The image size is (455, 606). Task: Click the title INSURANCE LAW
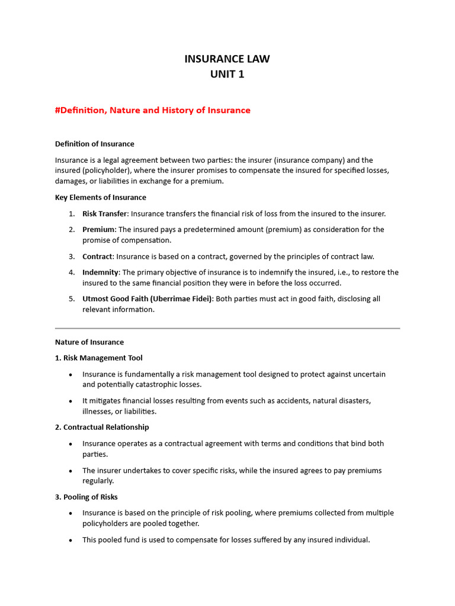[x=227, y=59]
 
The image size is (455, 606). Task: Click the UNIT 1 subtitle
[x=227, y=75]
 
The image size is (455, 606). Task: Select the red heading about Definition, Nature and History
[x=152, y=110]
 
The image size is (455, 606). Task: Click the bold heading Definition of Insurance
[x=94, y=144]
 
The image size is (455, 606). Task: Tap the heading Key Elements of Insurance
[x=100, y=197]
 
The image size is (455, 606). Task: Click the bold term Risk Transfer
[x=104, y=214]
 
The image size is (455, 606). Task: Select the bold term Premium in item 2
[x=98, y=230]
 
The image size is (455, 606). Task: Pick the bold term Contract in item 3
[x=97, y=256]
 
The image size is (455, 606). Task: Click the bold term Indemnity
[x=101, y=272]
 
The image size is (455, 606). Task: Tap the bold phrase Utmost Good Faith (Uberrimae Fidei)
[x=147, y=299]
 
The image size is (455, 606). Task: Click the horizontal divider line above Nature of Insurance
[x=227, y=328]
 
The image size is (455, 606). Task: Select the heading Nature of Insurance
[x=89, y=342]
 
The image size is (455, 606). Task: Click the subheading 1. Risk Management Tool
[x=98, y=358]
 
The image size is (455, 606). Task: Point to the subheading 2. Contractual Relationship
[x=102, y=427]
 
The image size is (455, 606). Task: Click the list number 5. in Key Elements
[x=71, y=299]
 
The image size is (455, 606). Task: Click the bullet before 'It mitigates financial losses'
[x=71, y=401]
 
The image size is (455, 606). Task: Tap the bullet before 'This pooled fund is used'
[x=71, y=540]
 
